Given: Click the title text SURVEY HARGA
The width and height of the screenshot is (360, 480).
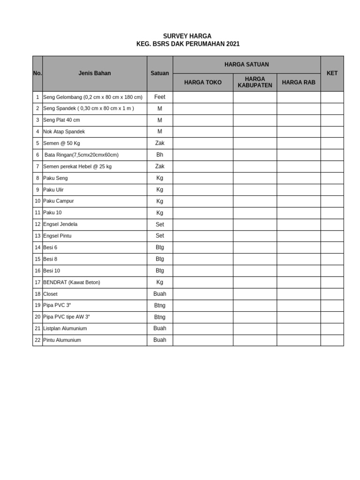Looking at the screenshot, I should pyautogui.click(x=187, y=36).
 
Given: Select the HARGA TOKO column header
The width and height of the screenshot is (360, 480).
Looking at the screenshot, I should pyautogui.click(x=202, y=82).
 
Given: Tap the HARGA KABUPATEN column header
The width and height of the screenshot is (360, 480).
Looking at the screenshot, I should pyautogui.click(x=255, y=82).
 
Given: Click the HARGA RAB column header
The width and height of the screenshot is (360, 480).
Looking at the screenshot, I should pyautogui.click(x=299, y=82).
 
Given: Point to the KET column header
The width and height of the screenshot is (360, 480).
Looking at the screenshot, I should pyautogui.click(x=332, y=73).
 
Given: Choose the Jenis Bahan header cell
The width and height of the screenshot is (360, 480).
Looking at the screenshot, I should pyautogui.click(x=95, y=73).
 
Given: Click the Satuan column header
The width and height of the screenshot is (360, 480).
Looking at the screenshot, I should pyautogui.click(x=160, y=73).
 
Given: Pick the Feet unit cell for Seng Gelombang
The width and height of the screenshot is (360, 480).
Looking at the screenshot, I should pyautogui.click(x=160, y=97).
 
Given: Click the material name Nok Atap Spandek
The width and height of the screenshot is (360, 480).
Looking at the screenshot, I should pyautogui.click(x=64, y=132).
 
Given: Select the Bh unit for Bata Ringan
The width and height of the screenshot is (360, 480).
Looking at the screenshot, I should pyautogui.click(x=160, y=155).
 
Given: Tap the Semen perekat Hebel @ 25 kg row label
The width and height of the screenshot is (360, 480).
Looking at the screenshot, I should pyautogui.click(x=77, y=166).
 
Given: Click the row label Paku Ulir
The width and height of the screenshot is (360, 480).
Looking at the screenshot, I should pyautogui.click(x=53, y=190).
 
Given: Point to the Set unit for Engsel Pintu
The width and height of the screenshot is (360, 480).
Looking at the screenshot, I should pyautogui.click(x=160, y=236).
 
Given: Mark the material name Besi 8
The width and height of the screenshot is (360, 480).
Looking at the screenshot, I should pyautogui.click(x=50, y=259).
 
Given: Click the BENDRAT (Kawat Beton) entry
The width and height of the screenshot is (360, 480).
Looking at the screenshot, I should pyautogui.click(x=72, y=282).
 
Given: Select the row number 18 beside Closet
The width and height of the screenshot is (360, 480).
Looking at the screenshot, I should pyautogui.click(x=37, y=294).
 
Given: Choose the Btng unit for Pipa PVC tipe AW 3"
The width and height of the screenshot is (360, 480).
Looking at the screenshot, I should pyautogui.click(x=160, y=317).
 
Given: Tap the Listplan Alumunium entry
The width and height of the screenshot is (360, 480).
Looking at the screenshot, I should pyautogui.click(x=65, y=329).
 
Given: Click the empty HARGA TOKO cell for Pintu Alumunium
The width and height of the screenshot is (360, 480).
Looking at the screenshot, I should pyautogui.click(x=202, y=340).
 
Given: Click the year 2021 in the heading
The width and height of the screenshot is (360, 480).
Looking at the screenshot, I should pyautogui.click(x=232, y=44).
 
